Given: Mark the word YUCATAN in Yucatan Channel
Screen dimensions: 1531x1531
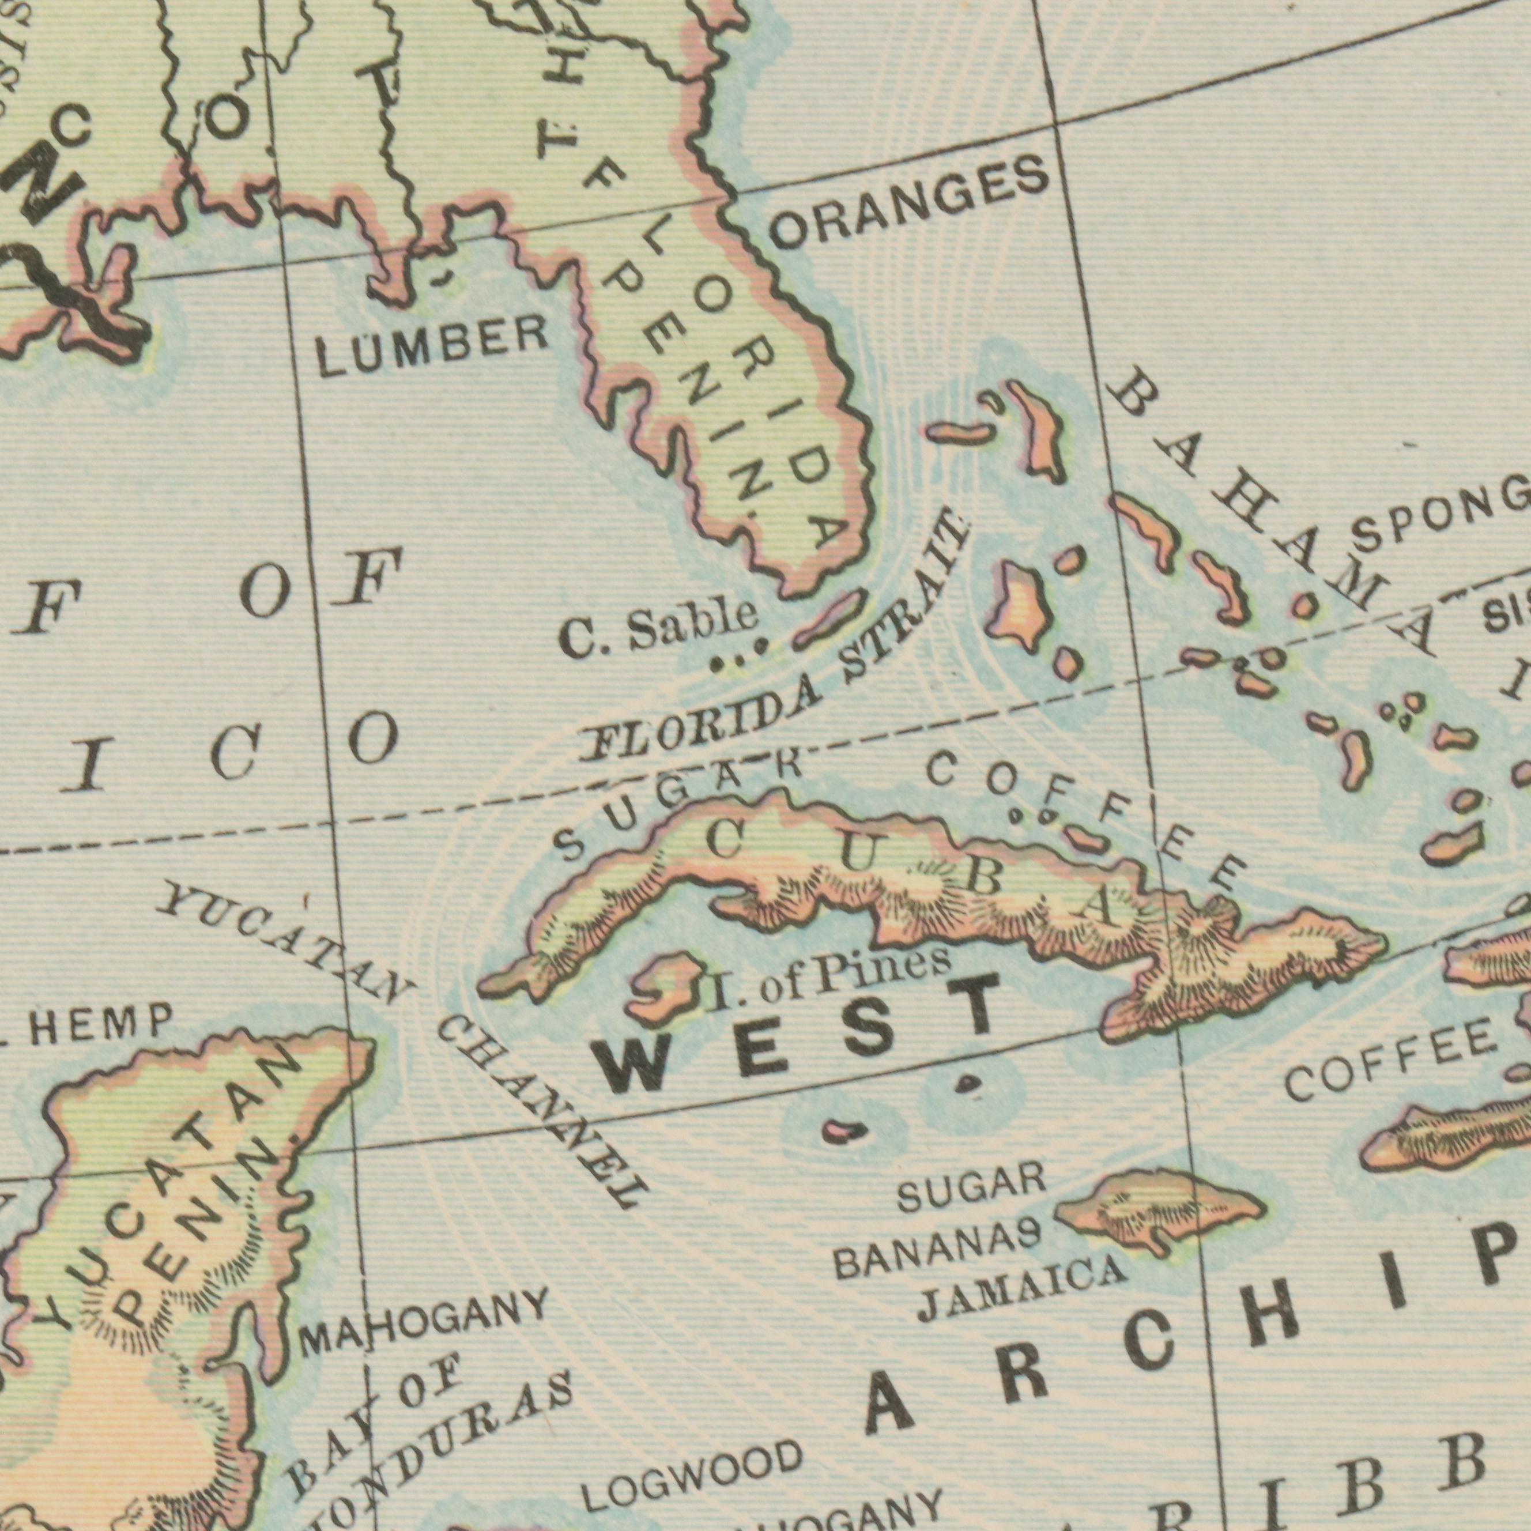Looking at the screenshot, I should click(x=285, y=945).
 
